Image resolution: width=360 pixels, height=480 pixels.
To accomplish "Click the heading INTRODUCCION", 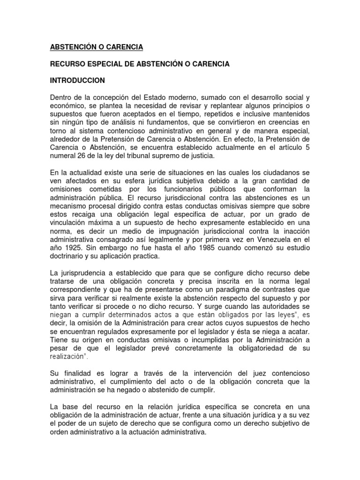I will tap(78, 80).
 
